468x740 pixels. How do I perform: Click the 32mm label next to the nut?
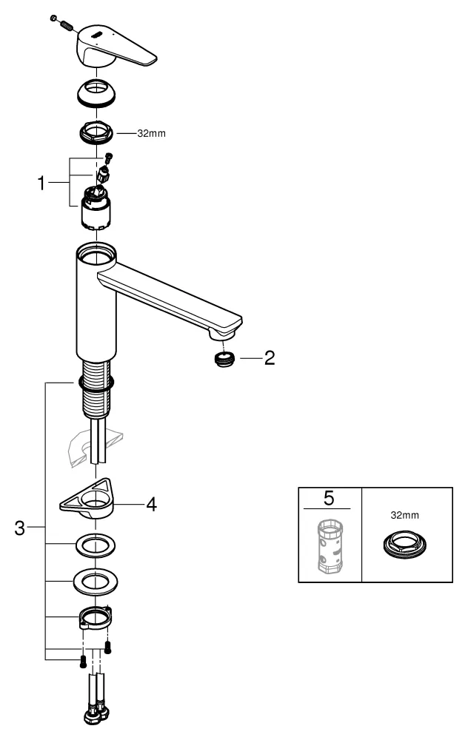[152, 134]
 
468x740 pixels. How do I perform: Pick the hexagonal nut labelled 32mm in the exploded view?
[95, 133]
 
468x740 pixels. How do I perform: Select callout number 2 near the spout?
[270, 359]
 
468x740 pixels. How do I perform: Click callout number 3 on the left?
[21, 528]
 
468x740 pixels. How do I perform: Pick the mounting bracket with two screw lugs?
[94, 617]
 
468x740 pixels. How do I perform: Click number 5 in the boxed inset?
[329, 498]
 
